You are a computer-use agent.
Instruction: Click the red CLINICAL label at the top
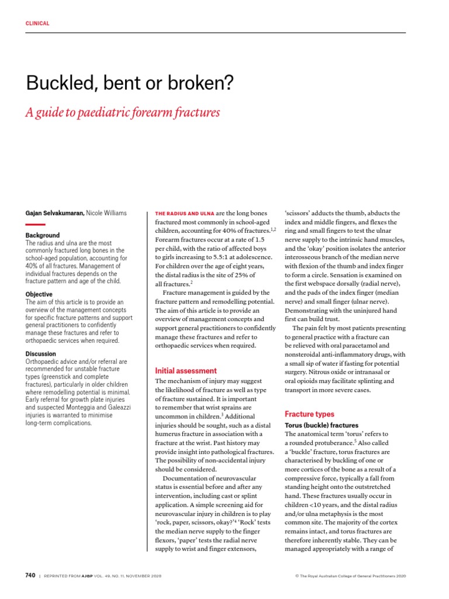tap(37, 23)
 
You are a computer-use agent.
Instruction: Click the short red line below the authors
tap(35, 224)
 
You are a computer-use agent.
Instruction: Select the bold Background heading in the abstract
tap(43, 235)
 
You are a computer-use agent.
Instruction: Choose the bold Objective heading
tap(39, 294)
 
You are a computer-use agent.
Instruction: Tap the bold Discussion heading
tap(41, 354)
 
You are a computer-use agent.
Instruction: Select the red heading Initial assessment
tap(185, 371)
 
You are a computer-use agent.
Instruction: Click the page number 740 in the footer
tap(30, 576)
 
